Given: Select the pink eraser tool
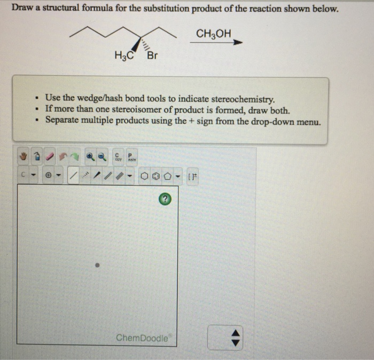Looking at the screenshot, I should [x=52, y=156].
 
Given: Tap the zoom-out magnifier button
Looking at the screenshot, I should [x=102, y=156].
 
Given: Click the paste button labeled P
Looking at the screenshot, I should [x=131, y=156].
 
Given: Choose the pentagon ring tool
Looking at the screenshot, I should [x=167, y=175].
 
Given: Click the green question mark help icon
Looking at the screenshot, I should [x=166, y=199].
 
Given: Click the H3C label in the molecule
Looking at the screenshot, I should [x=123, y=56].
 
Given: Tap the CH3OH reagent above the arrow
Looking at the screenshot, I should [x=214, y=34].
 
